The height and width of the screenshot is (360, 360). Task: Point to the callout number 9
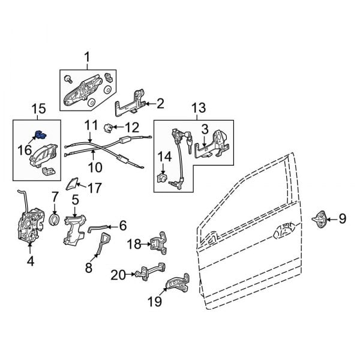tap(342, 219)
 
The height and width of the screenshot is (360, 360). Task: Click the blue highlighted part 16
tap(40, 136)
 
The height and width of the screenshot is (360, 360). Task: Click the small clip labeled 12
tap(109, 127)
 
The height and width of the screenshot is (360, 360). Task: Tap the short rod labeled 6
tap(99, 227)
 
